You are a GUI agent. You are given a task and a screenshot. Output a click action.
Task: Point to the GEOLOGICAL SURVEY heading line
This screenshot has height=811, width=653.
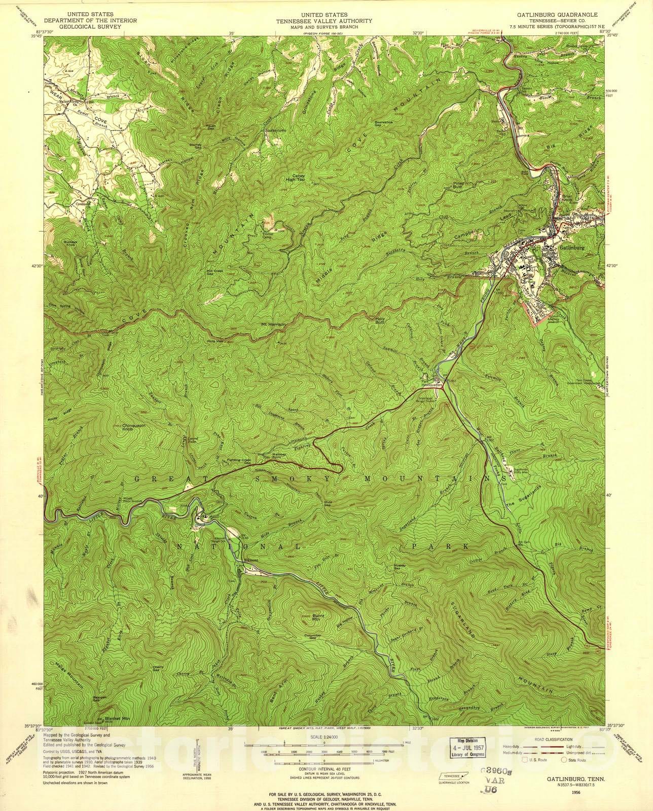point(82,26)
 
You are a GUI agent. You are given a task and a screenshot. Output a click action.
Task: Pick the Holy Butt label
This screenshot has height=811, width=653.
point(379,320)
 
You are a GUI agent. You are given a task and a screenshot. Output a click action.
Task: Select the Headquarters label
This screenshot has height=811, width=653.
point(432,385)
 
